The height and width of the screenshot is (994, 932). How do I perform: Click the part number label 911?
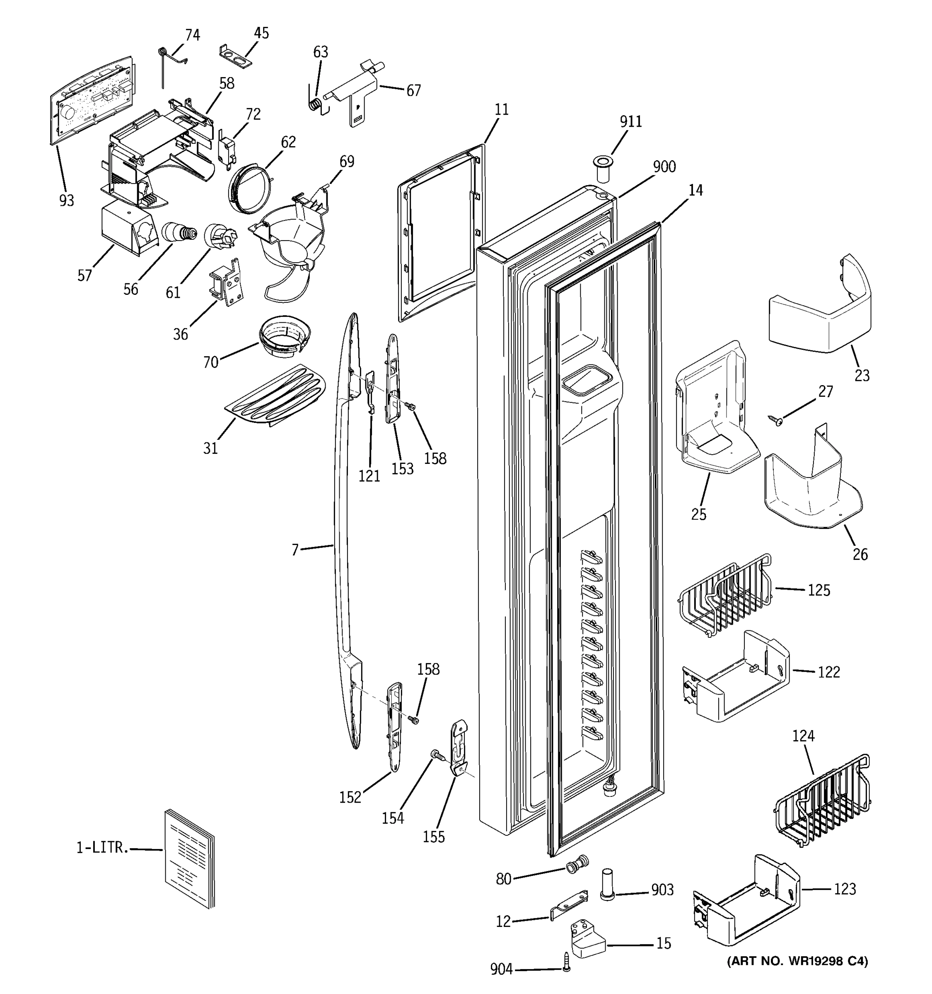pos(630,121)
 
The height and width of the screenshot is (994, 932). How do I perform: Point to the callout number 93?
pos(67,200)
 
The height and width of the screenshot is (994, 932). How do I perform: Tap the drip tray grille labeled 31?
pos(275,396)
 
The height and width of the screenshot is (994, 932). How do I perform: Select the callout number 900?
pos(664,166)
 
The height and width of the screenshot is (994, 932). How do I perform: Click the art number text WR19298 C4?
pos(797,960)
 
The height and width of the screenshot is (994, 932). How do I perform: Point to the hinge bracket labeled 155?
pos(459,748)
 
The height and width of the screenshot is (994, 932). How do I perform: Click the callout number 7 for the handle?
pos(295,550)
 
